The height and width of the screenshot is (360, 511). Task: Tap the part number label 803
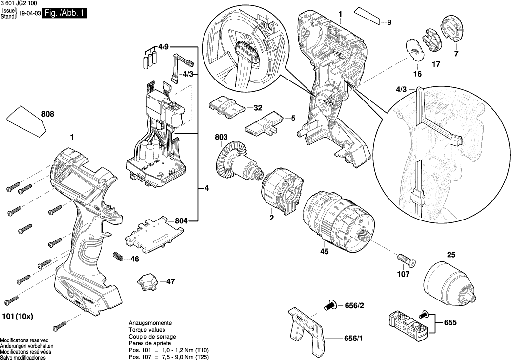tap(221, 138)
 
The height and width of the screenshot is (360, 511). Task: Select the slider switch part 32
tap(226, 106)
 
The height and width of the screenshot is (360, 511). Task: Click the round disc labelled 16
tap(414, 50)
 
